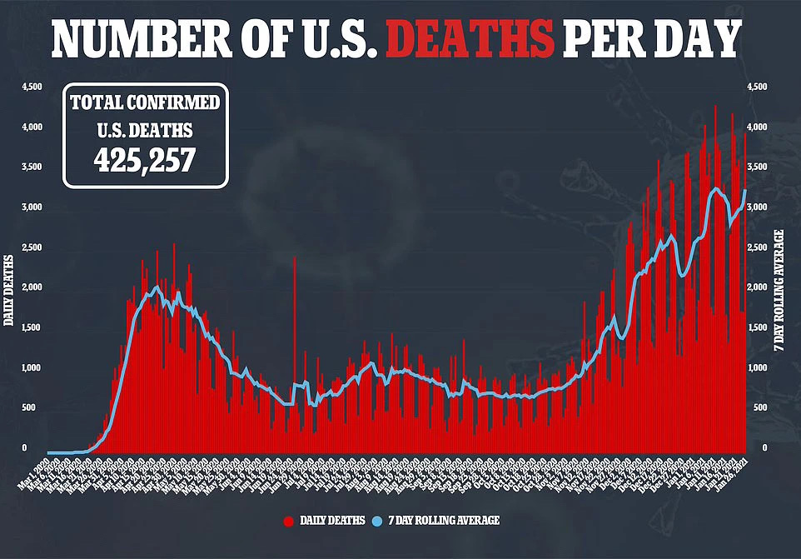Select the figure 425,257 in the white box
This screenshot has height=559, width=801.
coord(145,158)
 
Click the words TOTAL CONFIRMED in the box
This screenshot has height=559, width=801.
coord(145,103)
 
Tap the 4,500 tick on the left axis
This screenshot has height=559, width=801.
coord(31,87)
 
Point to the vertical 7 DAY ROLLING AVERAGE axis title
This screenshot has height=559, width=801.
coord(787,283)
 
